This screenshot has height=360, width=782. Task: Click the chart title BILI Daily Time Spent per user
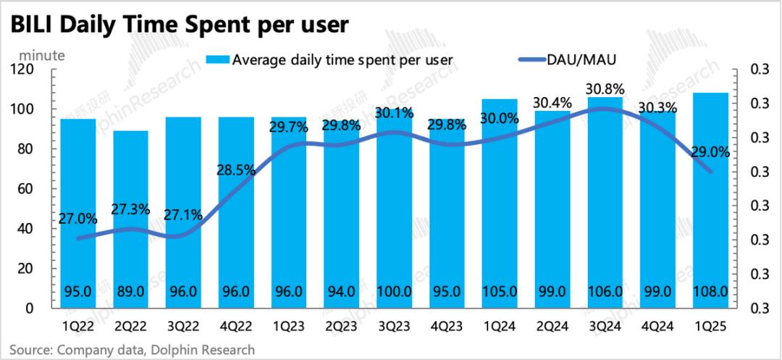pos(177,25)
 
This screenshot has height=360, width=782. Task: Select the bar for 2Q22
pos(131,217)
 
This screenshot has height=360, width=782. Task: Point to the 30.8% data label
pos(605,88)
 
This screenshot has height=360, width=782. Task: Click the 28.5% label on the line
pos(236,170)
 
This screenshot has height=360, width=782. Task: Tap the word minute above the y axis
pos(41,54)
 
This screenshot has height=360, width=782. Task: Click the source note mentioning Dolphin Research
pos(131,350)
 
